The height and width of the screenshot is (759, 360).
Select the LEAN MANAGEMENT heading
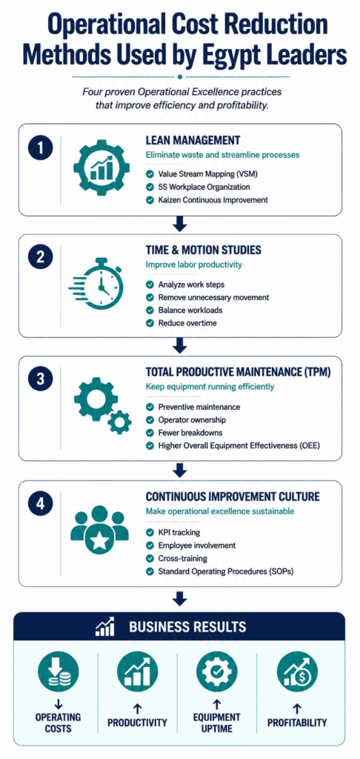[x=193, y=140]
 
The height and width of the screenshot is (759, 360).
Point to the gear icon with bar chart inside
[x=101, y=168]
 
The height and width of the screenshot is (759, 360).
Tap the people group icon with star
[x=100, y=529]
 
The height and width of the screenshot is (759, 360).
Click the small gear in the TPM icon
[x=119, y=422]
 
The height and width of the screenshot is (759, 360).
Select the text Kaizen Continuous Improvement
[x=213, y=199]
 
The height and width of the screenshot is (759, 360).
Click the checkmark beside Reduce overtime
[x=150, y=323]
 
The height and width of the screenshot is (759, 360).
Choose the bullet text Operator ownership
[x=192, y=420]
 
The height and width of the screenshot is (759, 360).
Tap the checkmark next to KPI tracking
[x=150, y=532]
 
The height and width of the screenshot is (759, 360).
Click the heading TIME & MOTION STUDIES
[x=203, y=250]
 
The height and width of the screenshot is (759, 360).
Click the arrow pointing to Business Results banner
[x=180, y=598]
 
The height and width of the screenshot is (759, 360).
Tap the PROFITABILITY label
[x=297, y=723]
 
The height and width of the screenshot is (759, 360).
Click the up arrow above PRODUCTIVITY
[x=138, y=709]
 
